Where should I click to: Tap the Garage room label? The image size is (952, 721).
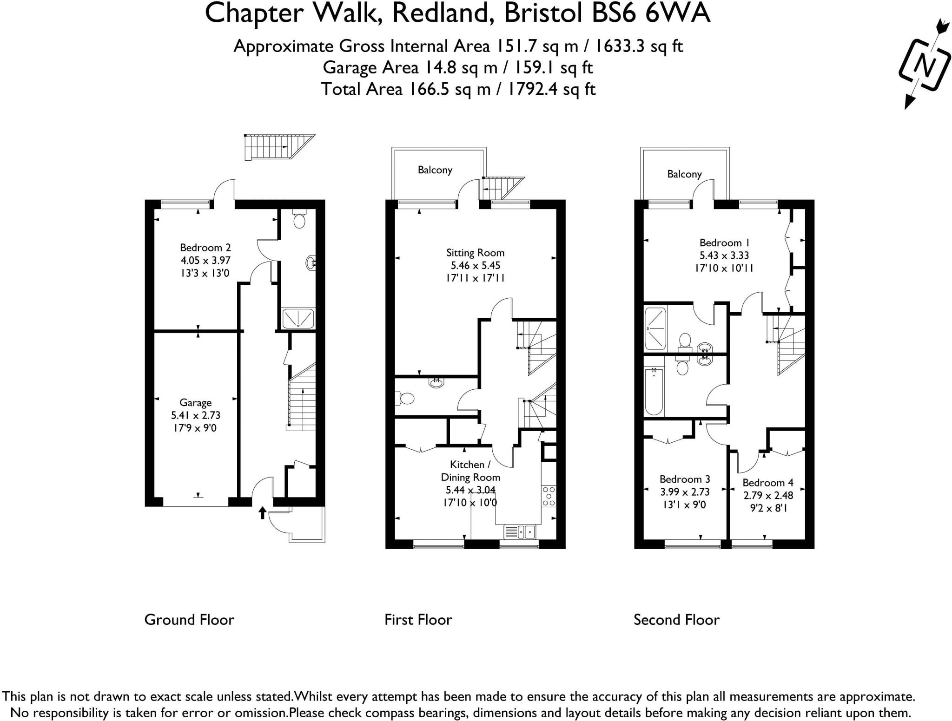click(x=196, y=403)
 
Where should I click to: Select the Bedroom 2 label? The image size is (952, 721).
click(x=205, y=248)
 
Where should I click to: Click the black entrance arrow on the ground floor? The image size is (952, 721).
click(x=262, y=513)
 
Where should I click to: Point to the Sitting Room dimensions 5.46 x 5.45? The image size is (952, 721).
click(x=475, y=266)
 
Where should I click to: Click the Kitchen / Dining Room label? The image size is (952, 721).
click(x=470, y=471)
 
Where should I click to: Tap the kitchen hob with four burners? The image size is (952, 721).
click(x=549, y=496)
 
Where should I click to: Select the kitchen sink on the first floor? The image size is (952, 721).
click(x=520, y=531)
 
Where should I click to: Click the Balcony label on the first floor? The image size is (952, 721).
click(x=435, y=170)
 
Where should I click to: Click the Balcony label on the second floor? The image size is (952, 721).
click(x=684, y=174)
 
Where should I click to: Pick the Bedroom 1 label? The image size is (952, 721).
click(x=724, y=243)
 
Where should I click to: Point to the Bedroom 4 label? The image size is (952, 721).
click(x=767, y=483)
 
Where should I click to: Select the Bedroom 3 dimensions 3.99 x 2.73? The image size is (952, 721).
click(x=685, y=492)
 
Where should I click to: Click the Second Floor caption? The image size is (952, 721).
click(x=676, y=620)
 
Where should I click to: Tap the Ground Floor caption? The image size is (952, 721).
click(x=189, y=620)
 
